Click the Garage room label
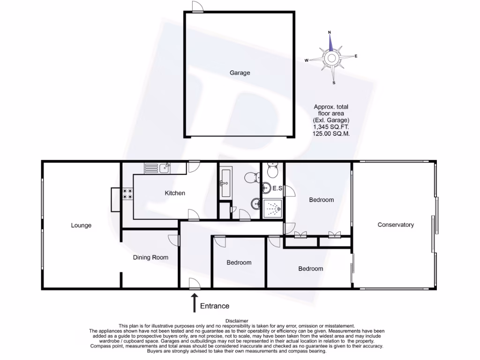(240, 73)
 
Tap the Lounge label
(81, 225)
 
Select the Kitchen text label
(174, 193)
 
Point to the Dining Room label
(150, 257)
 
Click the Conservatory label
(396, 225)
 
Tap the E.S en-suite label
(277, 189)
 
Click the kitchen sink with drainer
(157, 168)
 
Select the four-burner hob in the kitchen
(127, 194)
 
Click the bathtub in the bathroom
(225, 183)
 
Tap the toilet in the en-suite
(272, 169)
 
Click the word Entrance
(215, 306)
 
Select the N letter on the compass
(330, 32)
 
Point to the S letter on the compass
(334, 83)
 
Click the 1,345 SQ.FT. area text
(331, 127)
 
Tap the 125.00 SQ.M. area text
(331, 134)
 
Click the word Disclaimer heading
(240, 321)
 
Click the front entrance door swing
(194, 283)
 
